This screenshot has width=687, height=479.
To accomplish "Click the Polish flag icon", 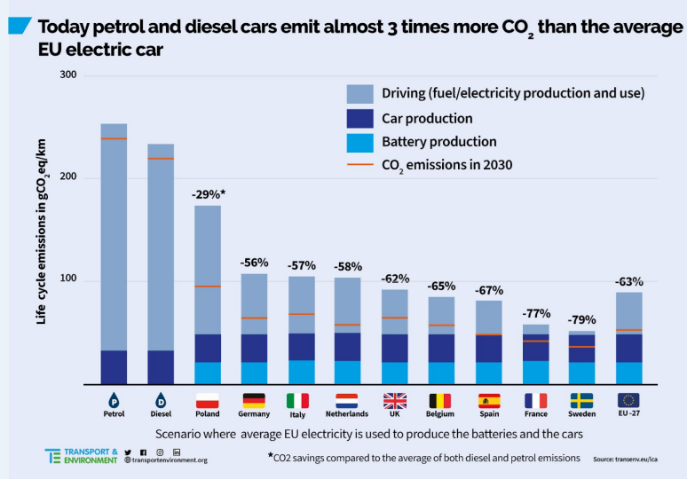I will coord(207,400).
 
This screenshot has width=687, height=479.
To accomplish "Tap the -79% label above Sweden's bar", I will coord(582,319).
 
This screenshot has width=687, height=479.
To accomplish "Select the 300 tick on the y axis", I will coord(67,75).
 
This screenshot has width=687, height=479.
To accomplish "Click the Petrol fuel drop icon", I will coord(114,400).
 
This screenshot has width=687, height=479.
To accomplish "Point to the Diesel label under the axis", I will coord(161,414).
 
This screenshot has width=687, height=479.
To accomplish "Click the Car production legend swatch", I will coord(360,118).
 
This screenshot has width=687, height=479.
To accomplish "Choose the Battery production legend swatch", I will coord(360,142).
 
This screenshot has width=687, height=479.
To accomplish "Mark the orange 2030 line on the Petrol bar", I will coord(114,138).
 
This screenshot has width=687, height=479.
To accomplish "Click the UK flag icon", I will coord(394,400).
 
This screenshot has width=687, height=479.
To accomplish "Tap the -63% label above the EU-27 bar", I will coord(629,281).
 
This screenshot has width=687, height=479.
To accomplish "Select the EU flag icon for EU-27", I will coord(629,400).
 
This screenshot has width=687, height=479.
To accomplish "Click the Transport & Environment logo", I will coord(81,456).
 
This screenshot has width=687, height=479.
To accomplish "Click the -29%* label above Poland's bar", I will coord(209,193).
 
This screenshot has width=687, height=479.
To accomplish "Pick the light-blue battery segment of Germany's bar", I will coord(254,373).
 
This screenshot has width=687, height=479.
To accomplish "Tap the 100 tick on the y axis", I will coord(67,280).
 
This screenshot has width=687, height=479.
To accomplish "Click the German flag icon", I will coord(254,400).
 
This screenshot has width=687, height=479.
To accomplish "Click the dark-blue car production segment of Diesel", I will coord(161,366).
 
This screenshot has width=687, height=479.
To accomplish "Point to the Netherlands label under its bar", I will coord(347,414).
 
